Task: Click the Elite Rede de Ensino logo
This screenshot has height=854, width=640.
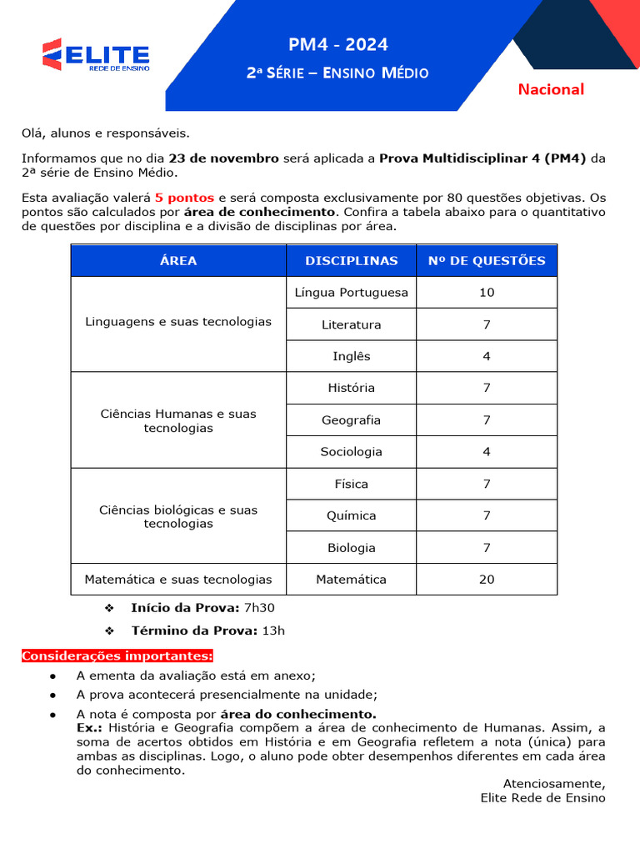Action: (x=96, y=55)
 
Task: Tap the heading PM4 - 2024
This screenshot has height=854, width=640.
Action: (x=337, y=45)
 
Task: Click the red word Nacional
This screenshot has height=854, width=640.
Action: (x=551, y=89)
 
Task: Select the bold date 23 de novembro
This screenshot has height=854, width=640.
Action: (x=223, y=158)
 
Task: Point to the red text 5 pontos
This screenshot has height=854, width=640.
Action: (x=184, y=198)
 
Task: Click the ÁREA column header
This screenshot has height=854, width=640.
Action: (x=178, y=260)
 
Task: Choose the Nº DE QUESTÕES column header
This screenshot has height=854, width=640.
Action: (x=487, y=260)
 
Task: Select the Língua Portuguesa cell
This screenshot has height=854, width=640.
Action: (x=351, y=292)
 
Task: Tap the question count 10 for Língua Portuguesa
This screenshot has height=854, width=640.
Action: (x=487, y=292)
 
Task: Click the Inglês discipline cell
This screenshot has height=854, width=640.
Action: (x=351, y=356)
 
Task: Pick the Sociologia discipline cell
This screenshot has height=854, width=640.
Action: (x=351, y=452)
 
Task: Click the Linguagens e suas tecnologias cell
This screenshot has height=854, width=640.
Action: (x=178, y=322)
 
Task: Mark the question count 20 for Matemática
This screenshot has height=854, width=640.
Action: (x=487, y=579)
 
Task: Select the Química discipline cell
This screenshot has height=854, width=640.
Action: (x=351, y=515)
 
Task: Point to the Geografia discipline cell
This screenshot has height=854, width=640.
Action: (x=351, y=420)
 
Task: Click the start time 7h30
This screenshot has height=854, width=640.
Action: (x=259, y=608)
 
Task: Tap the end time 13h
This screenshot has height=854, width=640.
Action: (x=273, y=630)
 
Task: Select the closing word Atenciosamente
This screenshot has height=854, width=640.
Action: (x=554, y=783)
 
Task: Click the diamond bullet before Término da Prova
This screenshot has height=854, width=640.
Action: (x=108, y=630)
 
